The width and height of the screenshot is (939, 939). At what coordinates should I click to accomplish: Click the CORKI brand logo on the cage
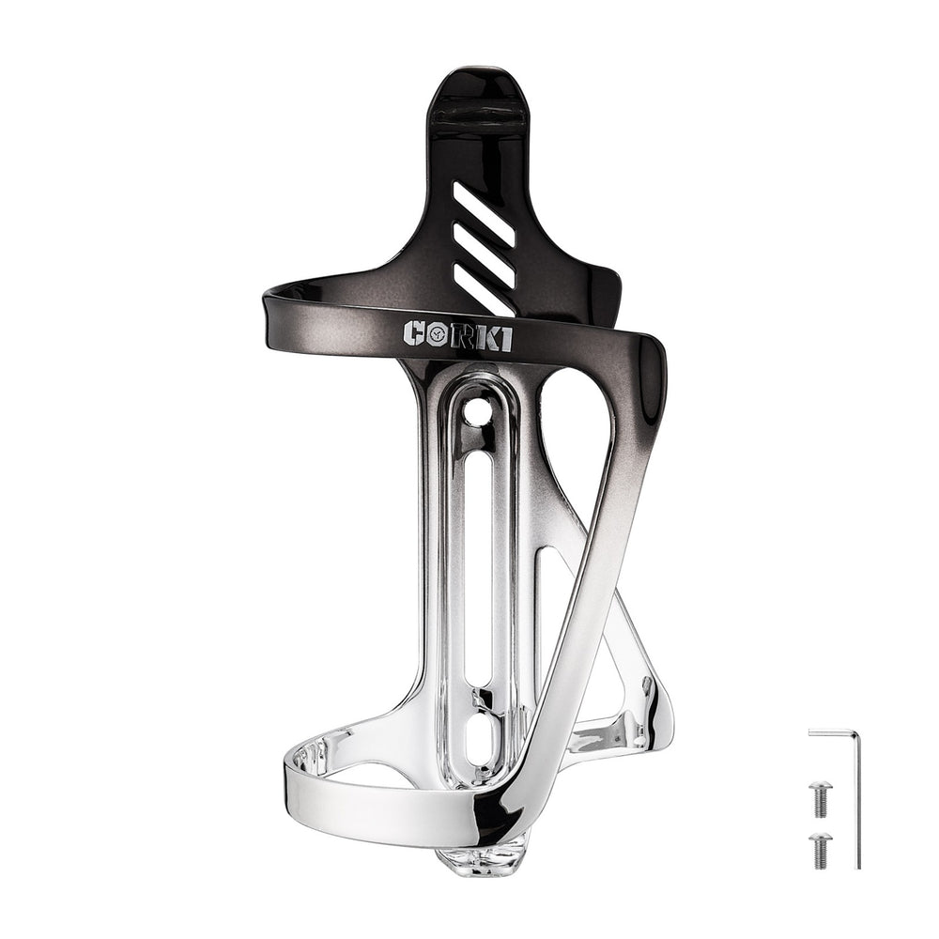(x=457, y=335)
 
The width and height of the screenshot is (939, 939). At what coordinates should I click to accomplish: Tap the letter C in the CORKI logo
(x=415, y=335)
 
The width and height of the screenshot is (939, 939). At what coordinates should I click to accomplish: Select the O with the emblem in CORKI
(x=437, y=335)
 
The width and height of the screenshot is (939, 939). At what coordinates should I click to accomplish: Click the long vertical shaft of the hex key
(x=856, y=803)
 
